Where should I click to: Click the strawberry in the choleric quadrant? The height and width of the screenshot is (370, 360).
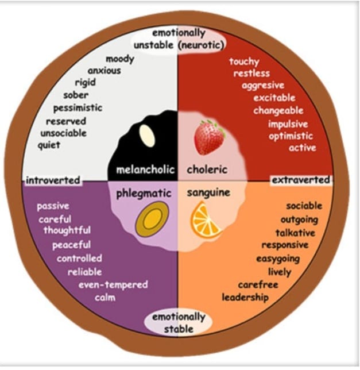209,137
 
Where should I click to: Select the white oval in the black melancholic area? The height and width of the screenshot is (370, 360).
148,137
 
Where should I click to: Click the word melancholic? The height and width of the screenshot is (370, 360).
141,169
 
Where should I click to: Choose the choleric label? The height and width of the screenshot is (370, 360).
207,169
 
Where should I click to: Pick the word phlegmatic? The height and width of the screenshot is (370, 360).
144,193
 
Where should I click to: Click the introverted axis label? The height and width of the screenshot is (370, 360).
52,180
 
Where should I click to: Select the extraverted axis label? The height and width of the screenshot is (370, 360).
301,180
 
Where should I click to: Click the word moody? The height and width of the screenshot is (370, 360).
120,59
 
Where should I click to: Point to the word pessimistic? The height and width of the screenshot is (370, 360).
78,107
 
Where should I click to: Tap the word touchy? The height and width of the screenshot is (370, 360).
244,61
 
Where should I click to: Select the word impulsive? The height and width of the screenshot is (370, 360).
288,124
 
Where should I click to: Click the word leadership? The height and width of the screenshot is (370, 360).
245,298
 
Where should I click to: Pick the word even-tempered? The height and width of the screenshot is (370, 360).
113,284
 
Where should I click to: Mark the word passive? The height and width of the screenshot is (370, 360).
53,206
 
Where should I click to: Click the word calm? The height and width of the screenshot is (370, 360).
105,297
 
